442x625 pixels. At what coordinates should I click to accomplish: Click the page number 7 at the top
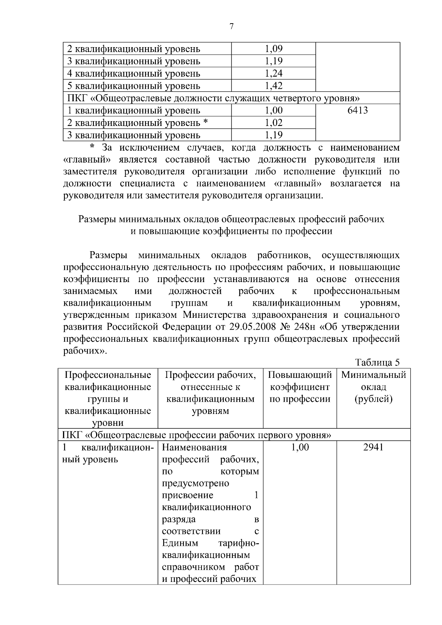(231, 26)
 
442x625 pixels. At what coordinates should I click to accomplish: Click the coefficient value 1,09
(273, 49)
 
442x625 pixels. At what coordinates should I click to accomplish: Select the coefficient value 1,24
(273, 73)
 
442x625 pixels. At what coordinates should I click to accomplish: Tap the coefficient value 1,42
(273, 86)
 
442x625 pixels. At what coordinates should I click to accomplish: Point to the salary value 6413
(357, 110)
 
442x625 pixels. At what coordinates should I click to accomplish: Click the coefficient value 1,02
(273, 123)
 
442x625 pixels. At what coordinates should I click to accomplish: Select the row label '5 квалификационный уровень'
(134, 86)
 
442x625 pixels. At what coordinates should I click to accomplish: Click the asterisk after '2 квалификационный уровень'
(206, 122)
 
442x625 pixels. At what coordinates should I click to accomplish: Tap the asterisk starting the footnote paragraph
(93, 148)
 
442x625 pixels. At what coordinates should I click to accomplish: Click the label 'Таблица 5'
(377, 362)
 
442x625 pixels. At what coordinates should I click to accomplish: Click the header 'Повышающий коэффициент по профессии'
(300, 387)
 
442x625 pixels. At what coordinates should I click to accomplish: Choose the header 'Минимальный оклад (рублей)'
(373, 387)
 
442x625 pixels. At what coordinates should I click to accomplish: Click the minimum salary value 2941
(373, 447)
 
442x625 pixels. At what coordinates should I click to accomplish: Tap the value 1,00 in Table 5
(300, 447)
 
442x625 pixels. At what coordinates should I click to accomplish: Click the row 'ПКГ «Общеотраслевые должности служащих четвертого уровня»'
(213, 98)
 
